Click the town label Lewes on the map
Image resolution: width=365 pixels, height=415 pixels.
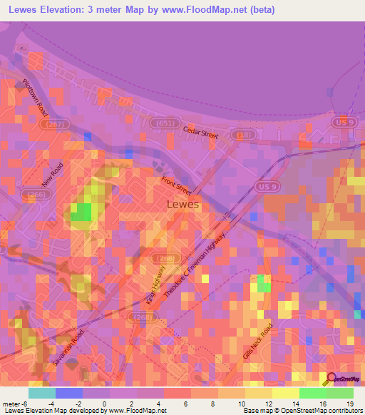[x=182, y=204]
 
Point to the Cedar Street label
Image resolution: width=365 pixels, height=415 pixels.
[x=199, y=132]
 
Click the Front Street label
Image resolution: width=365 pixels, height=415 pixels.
[x=176, y=186]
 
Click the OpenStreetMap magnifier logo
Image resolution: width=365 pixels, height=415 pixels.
[x=333, y=379]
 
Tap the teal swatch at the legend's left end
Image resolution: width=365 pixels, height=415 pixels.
[x=41, y=393]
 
